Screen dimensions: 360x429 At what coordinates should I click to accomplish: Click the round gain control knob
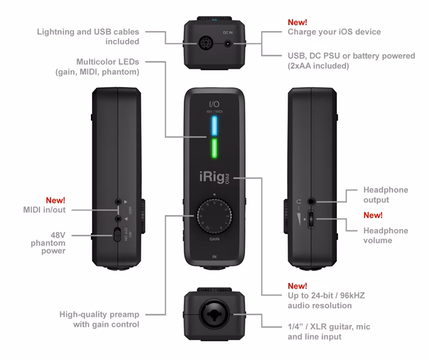214,216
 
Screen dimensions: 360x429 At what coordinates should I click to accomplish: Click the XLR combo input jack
214,317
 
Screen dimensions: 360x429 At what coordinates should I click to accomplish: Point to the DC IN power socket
229,44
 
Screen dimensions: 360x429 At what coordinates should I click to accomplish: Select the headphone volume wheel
312,220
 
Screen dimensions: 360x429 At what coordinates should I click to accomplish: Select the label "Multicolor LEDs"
109,63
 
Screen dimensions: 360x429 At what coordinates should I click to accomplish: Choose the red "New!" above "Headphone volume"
373,215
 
